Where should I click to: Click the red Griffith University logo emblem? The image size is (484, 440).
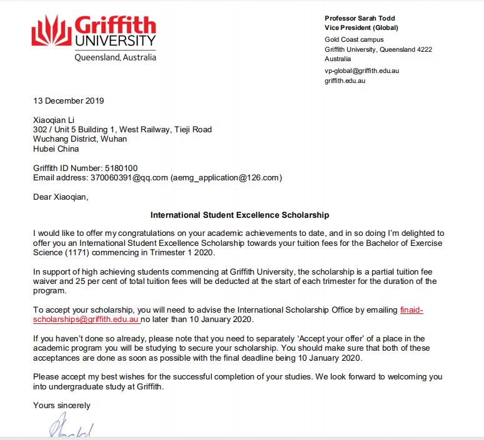click(51, 31)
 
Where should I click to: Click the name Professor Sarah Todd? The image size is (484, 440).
click(359, 18)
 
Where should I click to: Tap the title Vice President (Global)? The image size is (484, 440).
click(361, 27)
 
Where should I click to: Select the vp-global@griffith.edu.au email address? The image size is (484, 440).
click(362, 71)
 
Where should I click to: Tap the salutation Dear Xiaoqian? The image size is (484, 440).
click(61, 197)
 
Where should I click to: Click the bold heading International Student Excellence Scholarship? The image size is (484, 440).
click(240, 215)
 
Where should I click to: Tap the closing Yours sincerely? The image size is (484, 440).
click(61, 405)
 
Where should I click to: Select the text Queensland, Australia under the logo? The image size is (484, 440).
click(115, 57)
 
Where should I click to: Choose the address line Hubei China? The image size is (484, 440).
click(56, 149)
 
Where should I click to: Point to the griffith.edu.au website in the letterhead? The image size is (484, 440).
click(345, 81)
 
